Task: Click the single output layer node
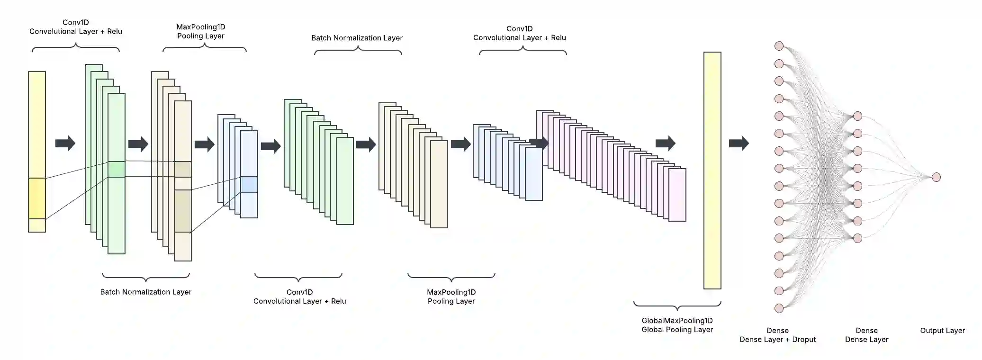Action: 936,177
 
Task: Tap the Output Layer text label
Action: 942,331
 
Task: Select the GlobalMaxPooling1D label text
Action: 677,321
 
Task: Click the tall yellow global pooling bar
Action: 712,171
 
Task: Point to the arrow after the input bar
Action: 65,143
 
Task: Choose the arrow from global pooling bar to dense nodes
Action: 739,143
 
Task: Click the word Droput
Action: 804,340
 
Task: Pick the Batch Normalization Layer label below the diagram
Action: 145,292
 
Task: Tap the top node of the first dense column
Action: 779,46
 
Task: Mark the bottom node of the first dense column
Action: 779,308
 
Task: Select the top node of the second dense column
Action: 857,116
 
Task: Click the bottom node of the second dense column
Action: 857,238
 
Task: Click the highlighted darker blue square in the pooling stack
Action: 249,185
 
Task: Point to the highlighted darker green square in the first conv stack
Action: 117,169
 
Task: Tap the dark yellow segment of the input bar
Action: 37,198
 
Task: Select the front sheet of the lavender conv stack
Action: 677,195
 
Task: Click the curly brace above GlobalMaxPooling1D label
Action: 677,305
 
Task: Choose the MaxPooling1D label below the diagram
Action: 451,297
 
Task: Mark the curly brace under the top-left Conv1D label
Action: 76,47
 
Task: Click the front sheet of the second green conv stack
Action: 345,181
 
